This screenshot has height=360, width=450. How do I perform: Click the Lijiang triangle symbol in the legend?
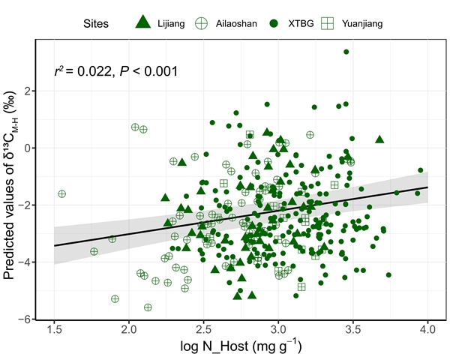pos(143,22)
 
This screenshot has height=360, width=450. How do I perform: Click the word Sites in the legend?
pos(96,23)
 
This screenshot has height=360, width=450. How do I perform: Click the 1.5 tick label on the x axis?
pos(55,331)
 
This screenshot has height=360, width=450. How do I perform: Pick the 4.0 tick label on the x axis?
pos(427,331)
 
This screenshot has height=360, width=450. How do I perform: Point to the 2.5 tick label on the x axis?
pos(204,331)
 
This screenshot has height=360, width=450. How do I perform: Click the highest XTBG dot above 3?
pos(346,52)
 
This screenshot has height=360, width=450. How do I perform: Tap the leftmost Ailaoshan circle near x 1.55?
pos(62,193)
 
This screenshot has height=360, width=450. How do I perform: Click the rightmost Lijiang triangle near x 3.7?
pos(379,139)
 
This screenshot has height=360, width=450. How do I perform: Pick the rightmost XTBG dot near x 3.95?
pos(421,170)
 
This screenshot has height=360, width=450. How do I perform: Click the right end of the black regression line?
pos(427,187)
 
